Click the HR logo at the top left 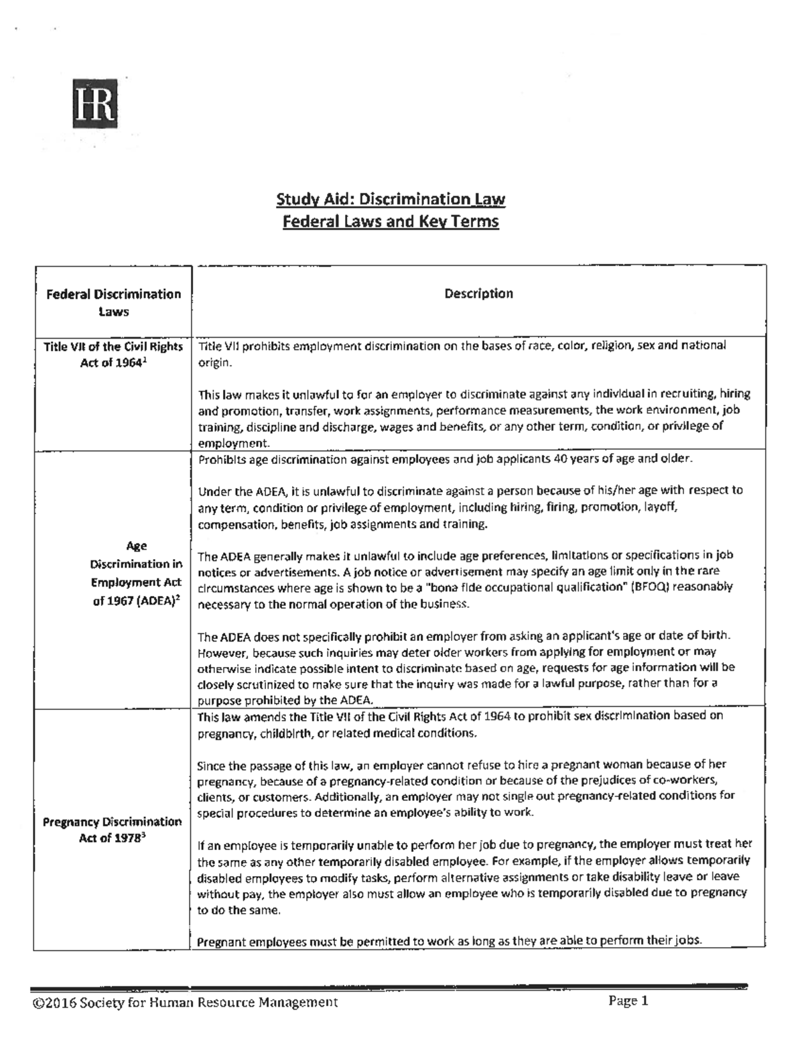95,104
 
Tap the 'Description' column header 478,294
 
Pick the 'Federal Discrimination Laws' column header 113,302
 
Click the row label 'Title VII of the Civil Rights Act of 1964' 113,355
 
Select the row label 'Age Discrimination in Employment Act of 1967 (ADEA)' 136,574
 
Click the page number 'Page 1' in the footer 628,1001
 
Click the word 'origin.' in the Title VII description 214,362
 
